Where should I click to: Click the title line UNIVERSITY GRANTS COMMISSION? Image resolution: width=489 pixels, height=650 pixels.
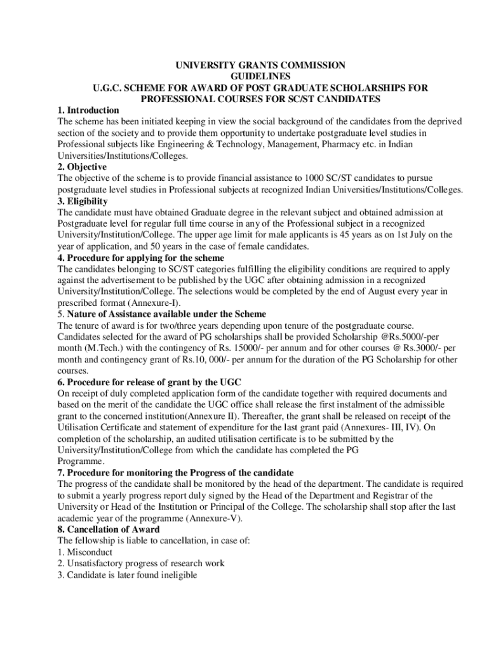260,65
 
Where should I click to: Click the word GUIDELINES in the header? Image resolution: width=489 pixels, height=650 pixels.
260,76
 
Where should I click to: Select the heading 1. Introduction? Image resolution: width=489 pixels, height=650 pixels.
88,110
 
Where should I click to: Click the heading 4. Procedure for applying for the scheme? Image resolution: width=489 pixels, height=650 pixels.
140,258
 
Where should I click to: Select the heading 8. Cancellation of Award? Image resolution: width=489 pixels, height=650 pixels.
108,529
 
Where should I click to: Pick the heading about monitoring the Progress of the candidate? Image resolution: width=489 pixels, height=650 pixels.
175,472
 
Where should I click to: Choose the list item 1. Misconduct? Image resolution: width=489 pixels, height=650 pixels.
83,552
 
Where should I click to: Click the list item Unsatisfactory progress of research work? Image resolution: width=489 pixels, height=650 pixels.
140,564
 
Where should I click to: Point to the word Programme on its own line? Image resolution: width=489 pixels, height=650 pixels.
81,461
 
